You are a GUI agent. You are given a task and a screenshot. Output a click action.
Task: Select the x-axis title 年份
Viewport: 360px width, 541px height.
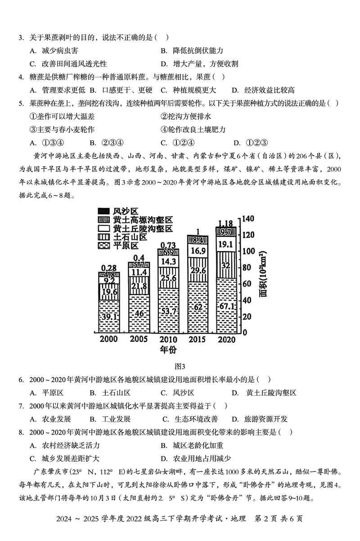click(168, 349)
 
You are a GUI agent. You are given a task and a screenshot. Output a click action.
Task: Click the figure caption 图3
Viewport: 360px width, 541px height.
click(180, 366)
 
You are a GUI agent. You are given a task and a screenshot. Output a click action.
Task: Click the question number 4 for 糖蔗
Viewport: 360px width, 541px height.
click(21, 77)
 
